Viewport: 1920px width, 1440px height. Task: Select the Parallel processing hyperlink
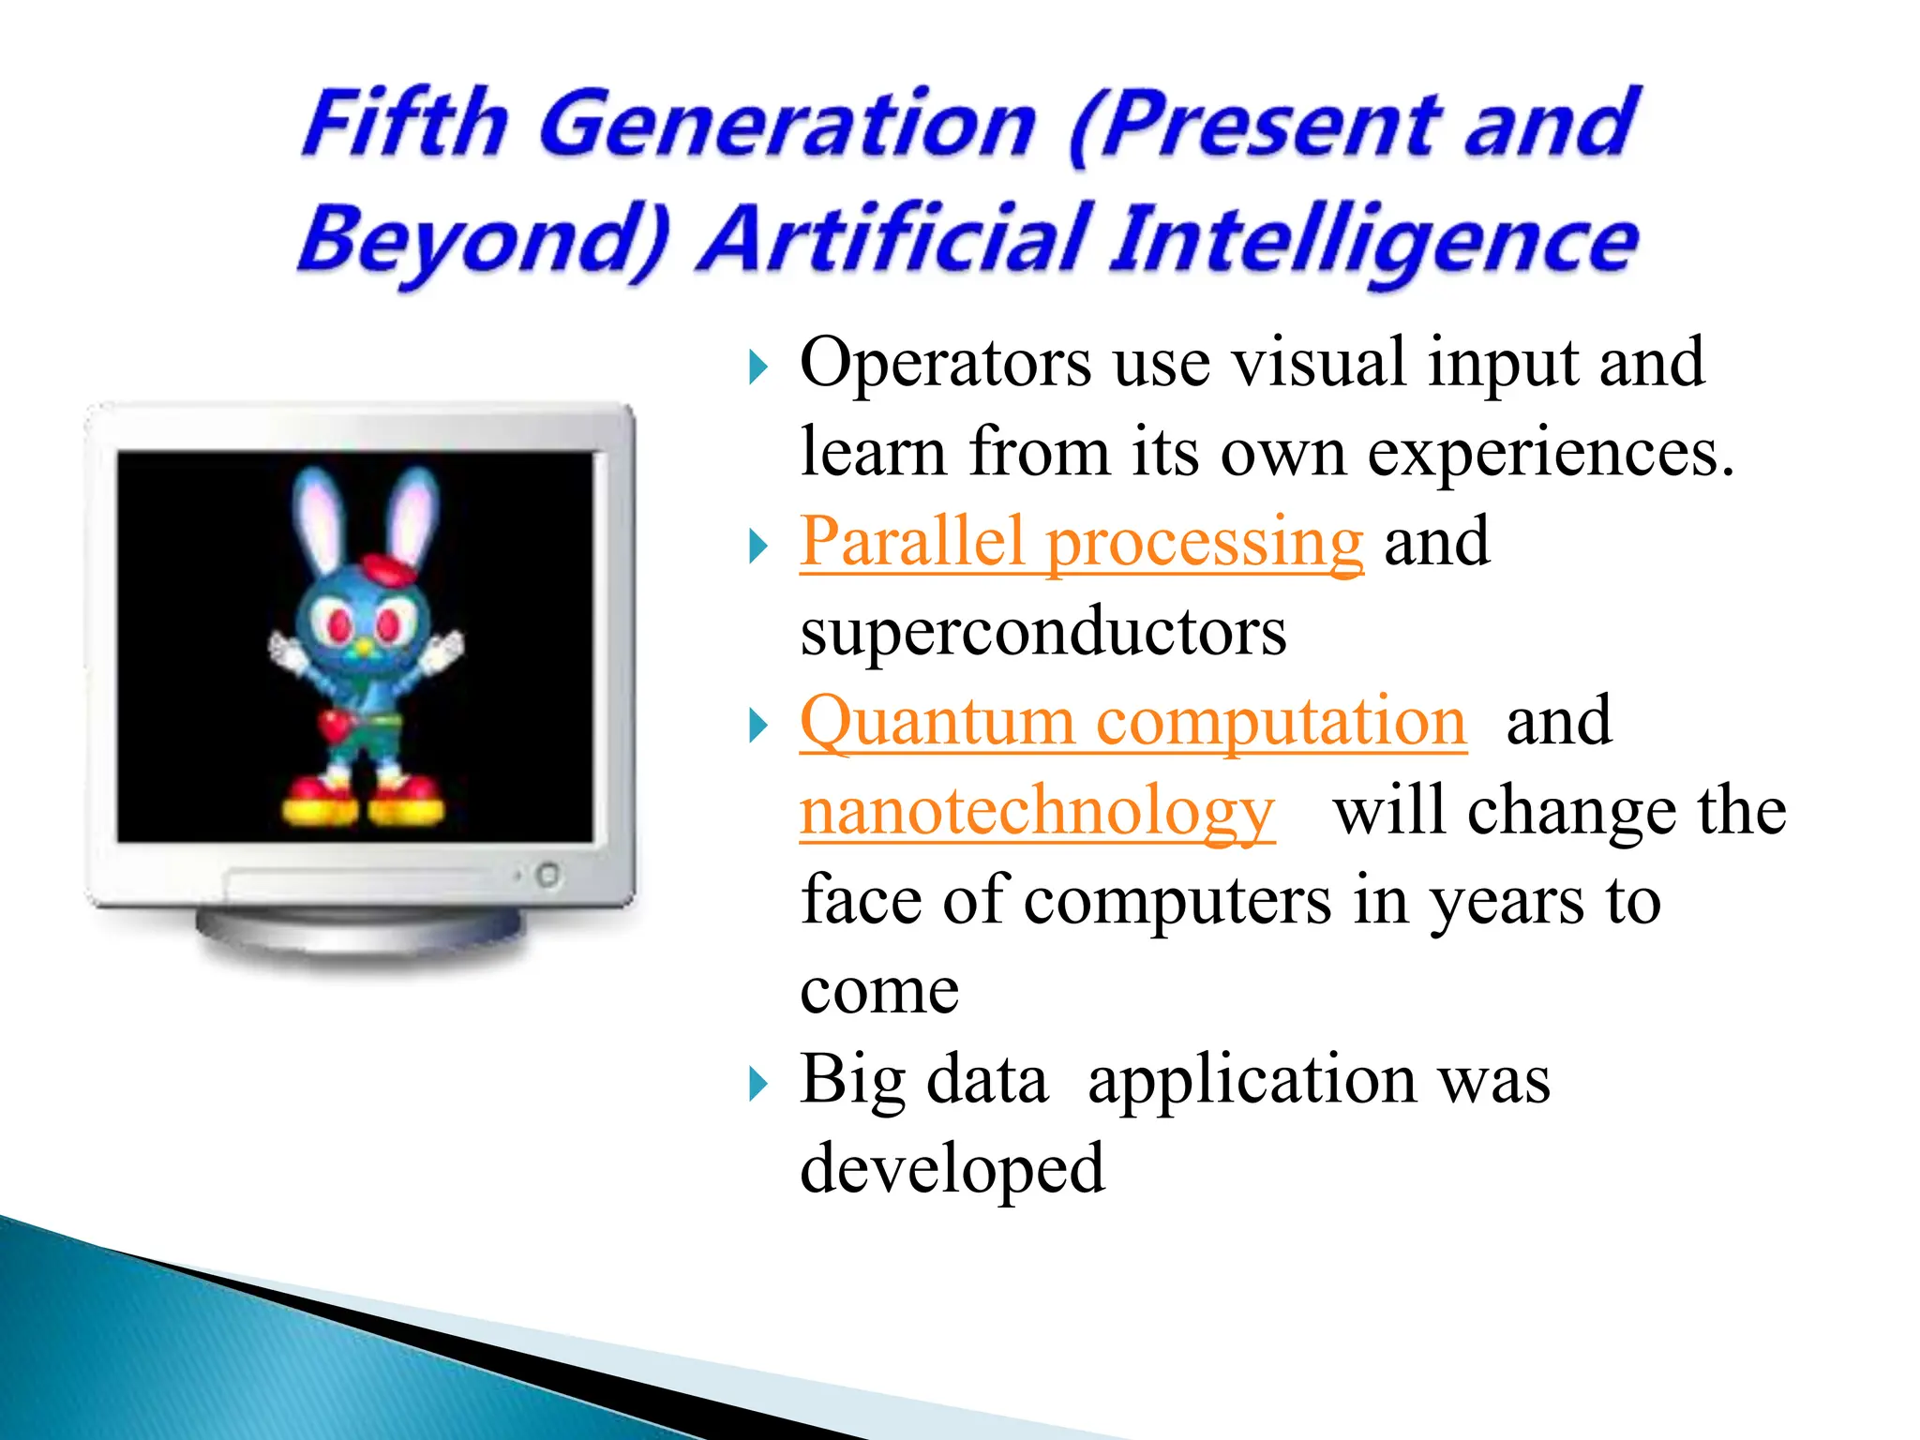coord(1081,543)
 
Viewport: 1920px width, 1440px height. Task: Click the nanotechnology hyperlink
coord(1037,812)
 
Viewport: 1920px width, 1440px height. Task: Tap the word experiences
coord(1550,453)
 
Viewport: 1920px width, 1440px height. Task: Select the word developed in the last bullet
coord(952,1169)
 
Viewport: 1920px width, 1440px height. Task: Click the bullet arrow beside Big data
coord(758,1086)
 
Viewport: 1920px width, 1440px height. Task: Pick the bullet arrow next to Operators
coord(758,367)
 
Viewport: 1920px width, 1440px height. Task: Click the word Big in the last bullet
coord(851,1080)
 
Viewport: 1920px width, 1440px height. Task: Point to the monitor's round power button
coord(548,876)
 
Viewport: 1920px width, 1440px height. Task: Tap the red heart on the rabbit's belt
coord(333,725)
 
